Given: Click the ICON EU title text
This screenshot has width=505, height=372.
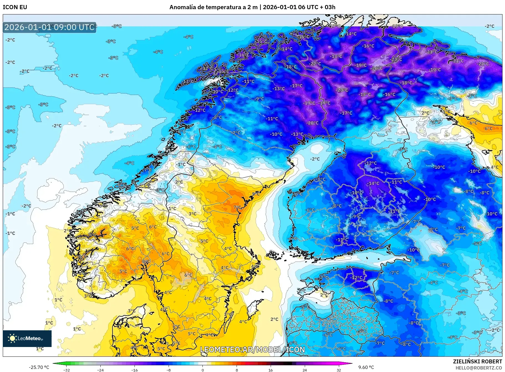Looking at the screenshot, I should [15, 7].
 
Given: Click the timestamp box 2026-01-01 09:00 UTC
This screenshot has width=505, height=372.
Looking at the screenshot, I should [49, 27].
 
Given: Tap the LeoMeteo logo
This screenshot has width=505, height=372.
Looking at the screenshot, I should [27, 338].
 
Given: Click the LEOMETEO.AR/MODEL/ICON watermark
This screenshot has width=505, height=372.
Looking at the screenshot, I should [252, 349].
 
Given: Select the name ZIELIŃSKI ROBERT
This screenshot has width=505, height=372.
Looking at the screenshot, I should [477, 361].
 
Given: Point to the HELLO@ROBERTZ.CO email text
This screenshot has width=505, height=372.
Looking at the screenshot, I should [479, 368].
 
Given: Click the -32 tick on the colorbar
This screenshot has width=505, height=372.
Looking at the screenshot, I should [66, 370].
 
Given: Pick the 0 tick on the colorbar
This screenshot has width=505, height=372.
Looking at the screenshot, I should [202, 370].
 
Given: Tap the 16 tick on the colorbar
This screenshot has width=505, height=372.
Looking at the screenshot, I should [270, 370].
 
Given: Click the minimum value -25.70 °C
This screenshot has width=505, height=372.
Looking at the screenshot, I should [39, 367].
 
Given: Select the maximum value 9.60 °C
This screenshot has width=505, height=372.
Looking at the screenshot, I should [366, 367].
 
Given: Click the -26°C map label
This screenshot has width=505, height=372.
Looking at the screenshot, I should [377, 68].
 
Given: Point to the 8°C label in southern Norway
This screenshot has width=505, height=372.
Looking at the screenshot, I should [146, 261].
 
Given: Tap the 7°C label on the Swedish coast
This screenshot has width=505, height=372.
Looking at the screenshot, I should [237, 207].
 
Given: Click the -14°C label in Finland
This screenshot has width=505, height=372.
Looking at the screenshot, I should [373, 183].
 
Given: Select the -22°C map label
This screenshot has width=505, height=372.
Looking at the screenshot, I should [315, 64].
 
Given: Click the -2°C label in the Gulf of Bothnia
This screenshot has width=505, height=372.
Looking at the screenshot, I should [315, 159].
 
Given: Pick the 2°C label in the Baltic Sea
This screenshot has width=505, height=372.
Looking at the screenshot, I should [274, 319].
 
